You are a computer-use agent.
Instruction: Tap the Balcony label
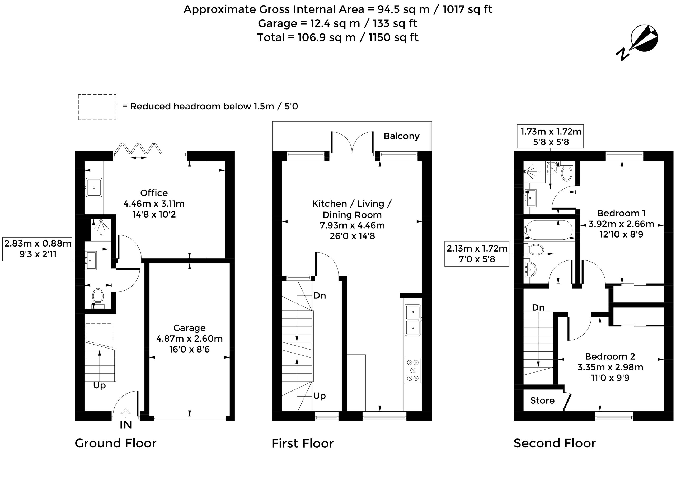tap(401, 136)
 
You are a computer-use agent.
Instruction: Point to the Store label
tap(542, 400)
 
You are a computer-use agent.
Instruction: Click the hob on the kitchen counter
tap(413, 370)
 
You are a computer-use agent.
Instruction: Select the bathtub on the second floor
tap(549, 230)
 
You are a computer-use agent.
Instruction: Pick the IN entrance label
tap(126, 425)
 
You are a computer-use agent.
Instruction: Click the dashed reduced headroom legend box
tap(97, 107)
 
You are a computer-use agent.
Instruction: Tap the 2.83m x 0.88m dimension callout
tap(37, 249)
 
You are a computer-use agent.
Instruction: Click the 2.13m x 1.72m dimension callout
tap(477, 254)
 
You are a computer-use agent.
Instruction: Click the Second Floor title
tap(555, 443)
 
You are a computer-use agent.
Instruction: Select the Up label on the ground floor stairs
tap(99, 385)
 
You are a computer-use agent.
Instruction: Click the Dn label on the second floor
tap(538, 308)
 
